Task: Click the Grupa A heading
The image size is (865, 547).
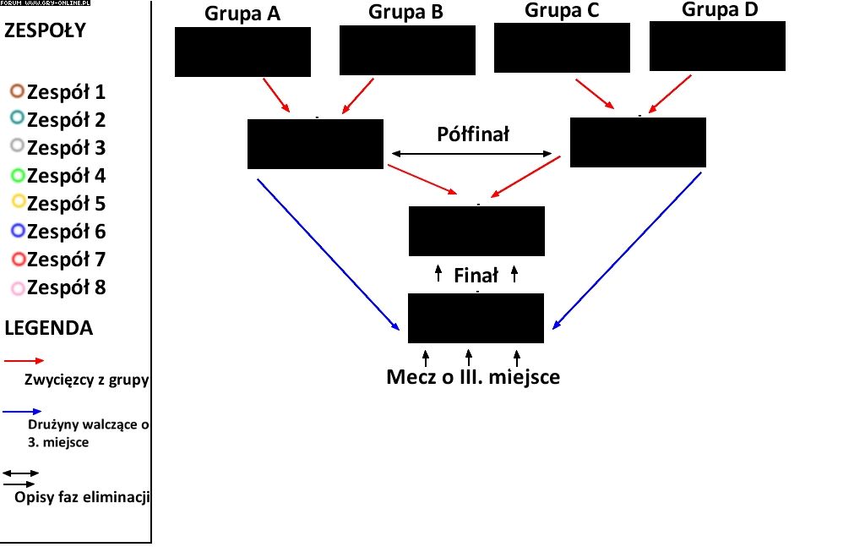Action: point(242,14)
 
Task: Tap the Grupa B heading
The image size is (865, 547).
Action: point(405,12)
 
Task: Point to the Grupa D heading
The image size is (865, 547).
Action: point(720,9)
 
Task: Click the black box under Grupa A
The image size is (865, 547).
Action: point(242,52)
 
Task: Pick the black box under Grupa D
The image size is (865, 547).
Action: point(717,46)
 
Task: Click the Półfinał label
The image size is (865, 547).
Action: point(473,134)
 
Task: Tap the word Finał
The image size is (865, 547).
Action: point(476,275)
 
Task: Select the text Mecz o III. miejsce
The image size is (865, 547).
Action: point(473,377)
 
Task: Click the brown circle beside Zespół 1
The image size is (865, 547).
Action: point(17,91)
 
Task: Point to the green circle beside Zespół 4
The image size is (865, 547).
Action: point(17,176)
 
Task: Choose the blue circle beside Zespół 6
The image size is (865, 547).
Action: point(17,231)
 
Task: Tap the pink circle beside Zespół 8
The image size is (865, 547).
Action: point(18,287)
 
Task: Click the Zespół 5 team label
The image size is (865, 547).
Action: point(66,204)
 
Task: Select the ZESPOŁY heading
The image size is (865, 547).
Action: point(45,31)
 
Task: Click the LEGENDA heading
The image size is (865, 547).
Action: point(48,328)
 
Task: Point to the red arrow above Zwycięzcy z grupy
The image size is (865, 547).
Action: point(24,360)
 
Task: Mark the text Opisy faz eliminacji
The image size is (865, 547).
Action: point(82,497)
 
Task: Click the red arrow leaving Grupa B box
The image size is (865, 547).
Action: point(357,96)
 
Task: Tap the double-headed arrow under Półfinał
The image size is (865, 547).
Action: point(471,154)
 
